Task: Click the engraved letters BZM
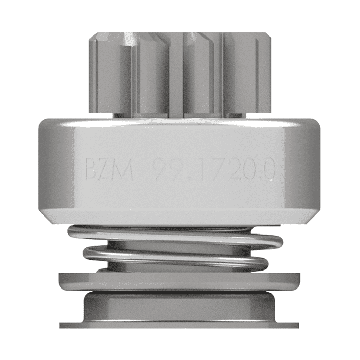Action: (x=109, y=169)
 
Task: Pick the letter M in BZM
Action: (x=124, y=169)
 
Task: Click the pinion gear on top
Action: (x=180, y=72)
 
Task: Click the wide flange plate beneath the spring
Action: (x=180, y=281)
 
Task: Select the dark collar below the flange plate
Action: (x=180, y=307)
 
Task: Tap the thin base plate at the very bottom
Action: (x=180, y=325)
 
